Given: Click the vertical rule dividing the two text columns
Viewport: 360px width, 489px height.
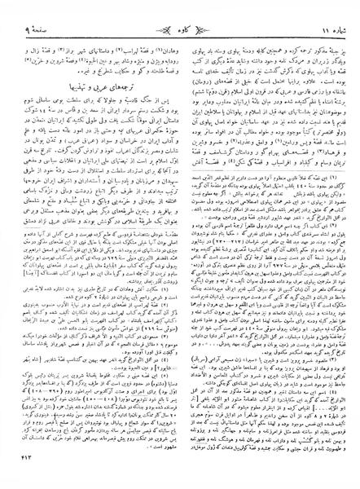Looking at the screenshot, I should (x=180, y=244).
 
